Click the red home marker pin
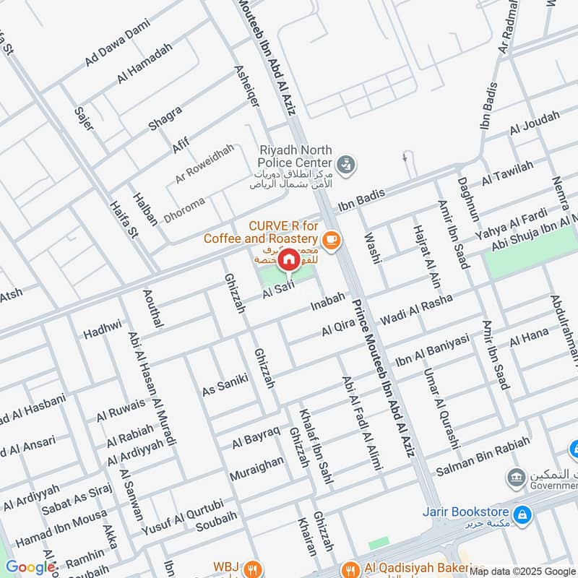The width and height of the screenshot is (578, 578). coord(288,259)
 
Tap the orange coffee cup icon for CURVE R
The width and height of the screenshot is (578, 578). coord(331,240)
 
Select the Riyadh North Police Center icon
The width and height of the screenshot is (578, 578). coord(346,163)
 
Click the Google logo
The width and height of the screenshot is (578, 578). coord(30,567)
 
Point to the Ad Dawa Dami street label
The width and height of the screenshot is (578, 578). coord(117,48)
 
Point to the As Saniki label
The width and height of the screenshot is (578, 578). coord(225,383)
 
